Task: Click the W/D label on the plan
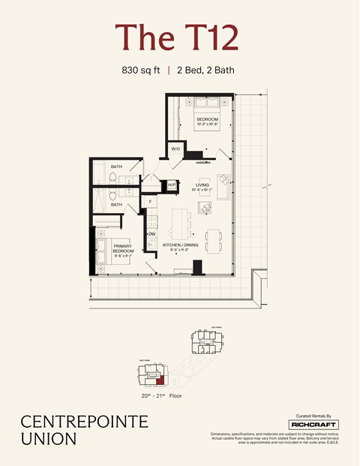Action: (175, 149)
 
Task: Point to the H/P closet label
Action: (172, 185)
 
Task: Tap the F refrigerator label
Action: (151, 202)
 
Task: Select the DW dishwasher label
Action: (151, 234)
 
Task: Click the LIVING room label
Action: (202, 185)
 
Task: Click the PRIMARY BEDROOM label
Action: (123, 248)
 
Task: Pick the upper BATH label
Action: (116, 167)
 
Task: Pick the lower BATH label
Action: (116, 204)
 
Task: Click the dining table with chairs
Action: (212, 239)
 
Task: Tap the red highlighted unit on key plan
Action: (158, 383)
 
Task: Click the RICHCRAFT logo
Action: (313, 425)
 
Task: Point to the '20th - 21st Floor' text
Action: (160, 395)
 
